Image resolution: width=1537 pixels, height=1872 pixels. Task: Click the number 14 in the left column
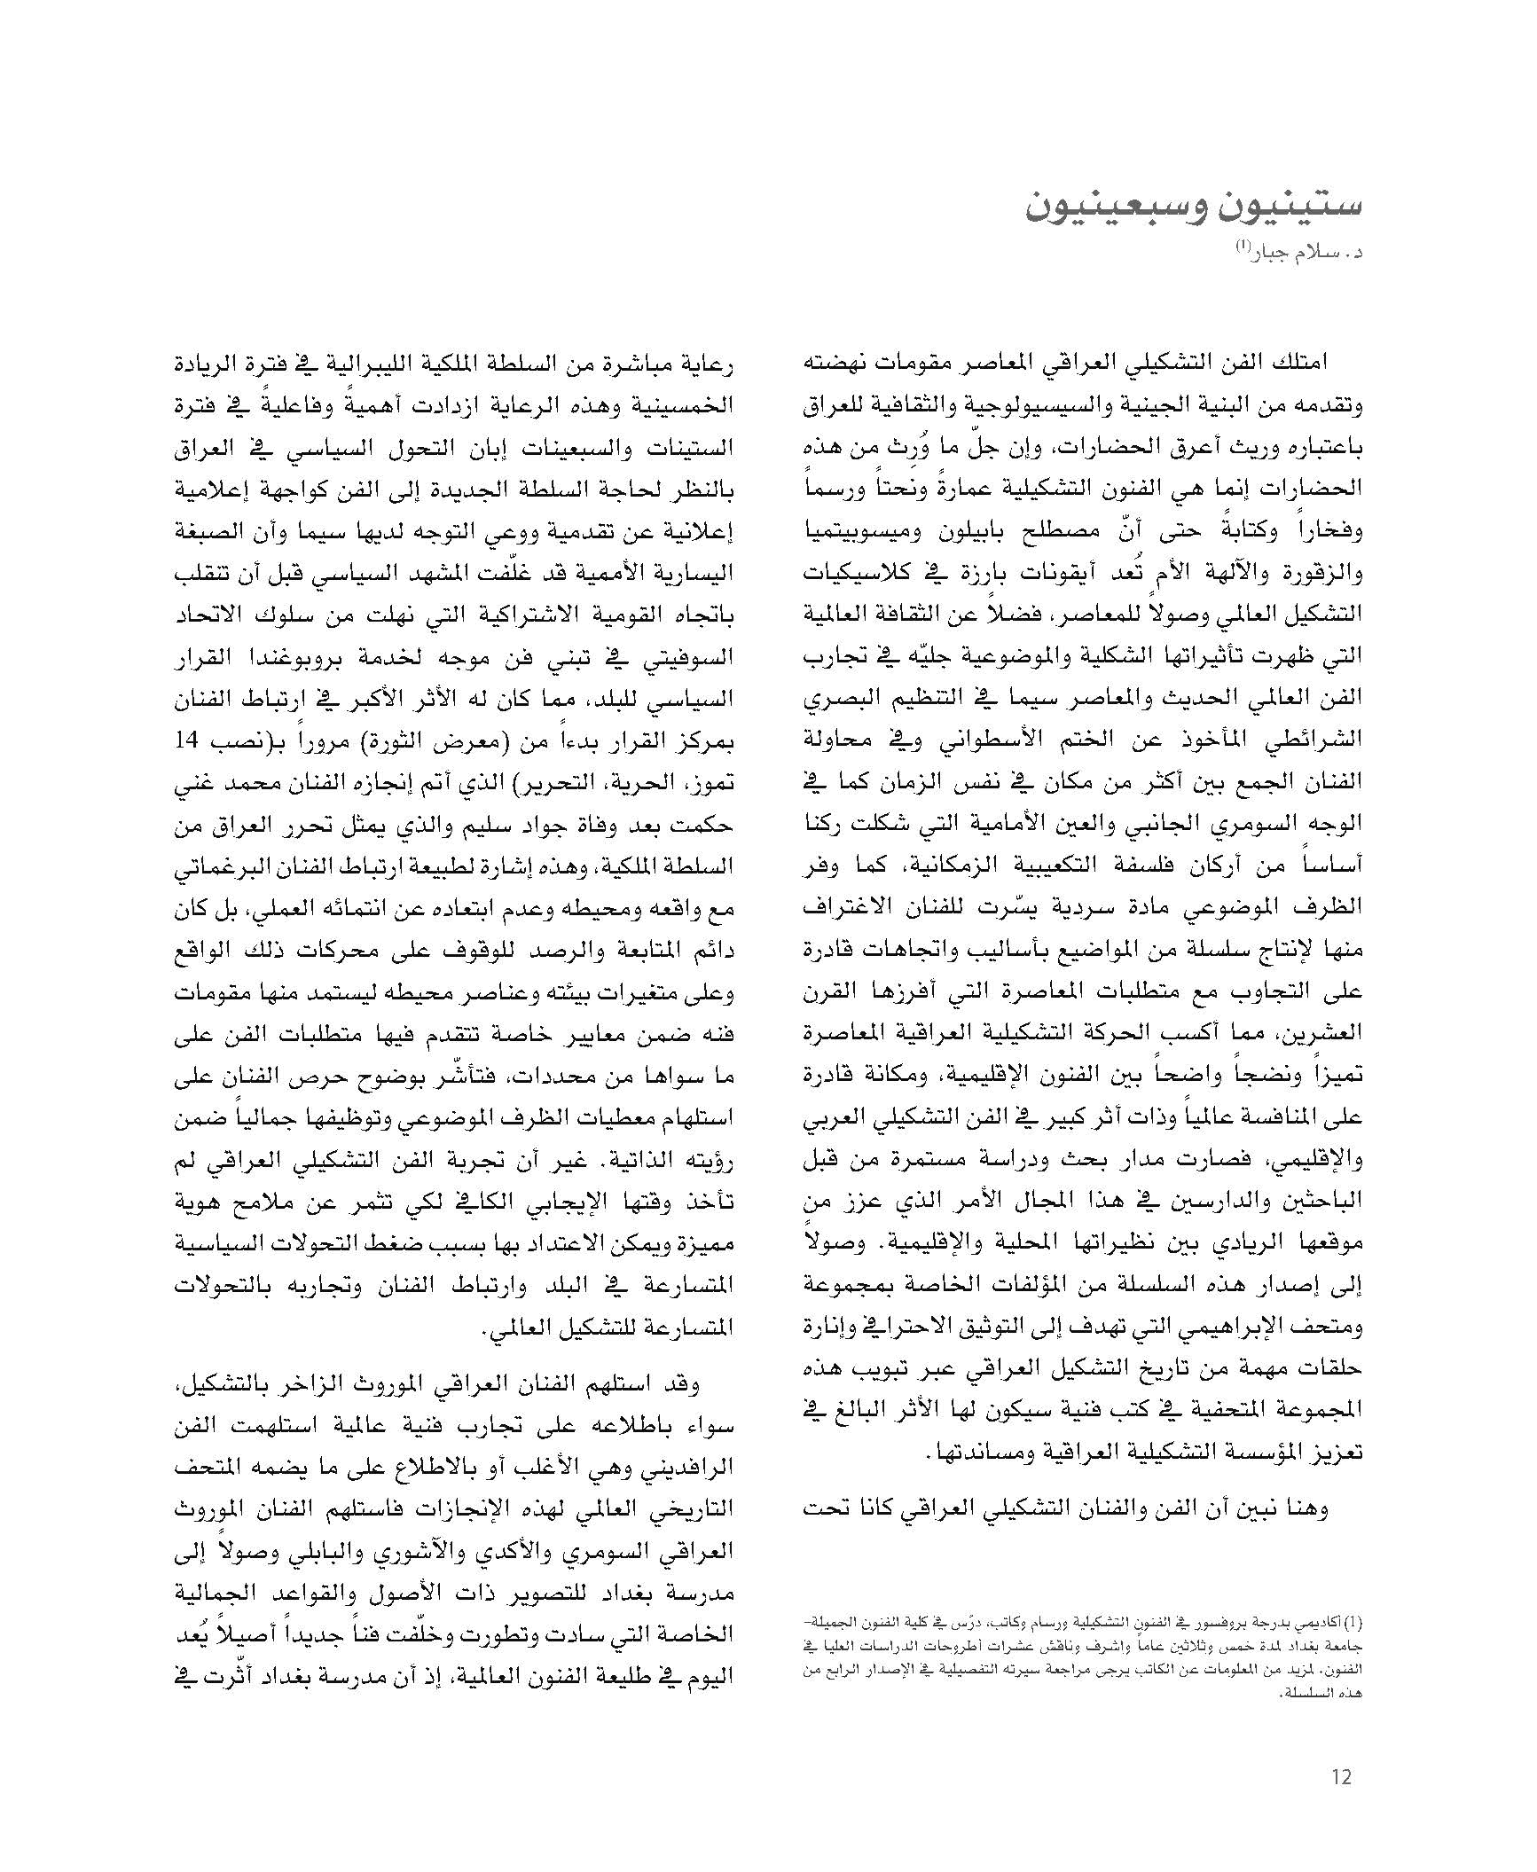click(x=192, y=741)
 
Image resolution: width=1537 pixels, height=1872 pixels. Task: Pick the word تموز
click(x=710, y=783)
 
